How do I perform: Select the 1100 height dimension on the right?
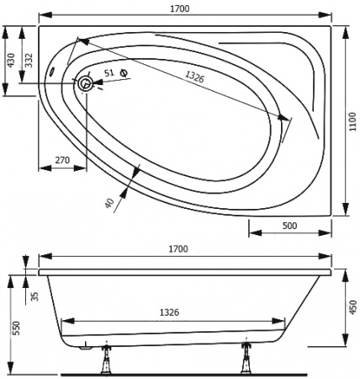click(352, 120)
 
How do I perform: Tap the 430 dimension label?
click(11, 61)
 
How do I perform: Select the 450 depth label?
click(352, 308)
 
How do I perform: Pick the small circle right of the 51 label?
click(125, 73)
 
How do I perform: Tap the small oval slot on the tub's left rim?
click(55, 72)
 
